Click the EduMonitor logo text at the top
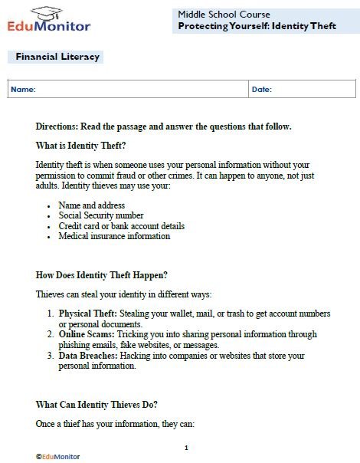click(x=50, y=25)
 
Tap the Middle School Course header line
click(x=224, y=14)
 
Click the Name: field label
click(x=23, y=90)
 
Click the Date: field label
click(x=262, y=90)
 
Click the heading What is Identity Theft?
click(x=80, y=146)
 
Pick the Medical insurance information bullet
click(x=114, y=236)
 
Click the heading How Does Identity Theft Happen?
click(x=101, y=274)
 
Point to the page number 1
click(x=186, y=448)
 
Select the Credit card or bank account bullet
click(x=121, y=226)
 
